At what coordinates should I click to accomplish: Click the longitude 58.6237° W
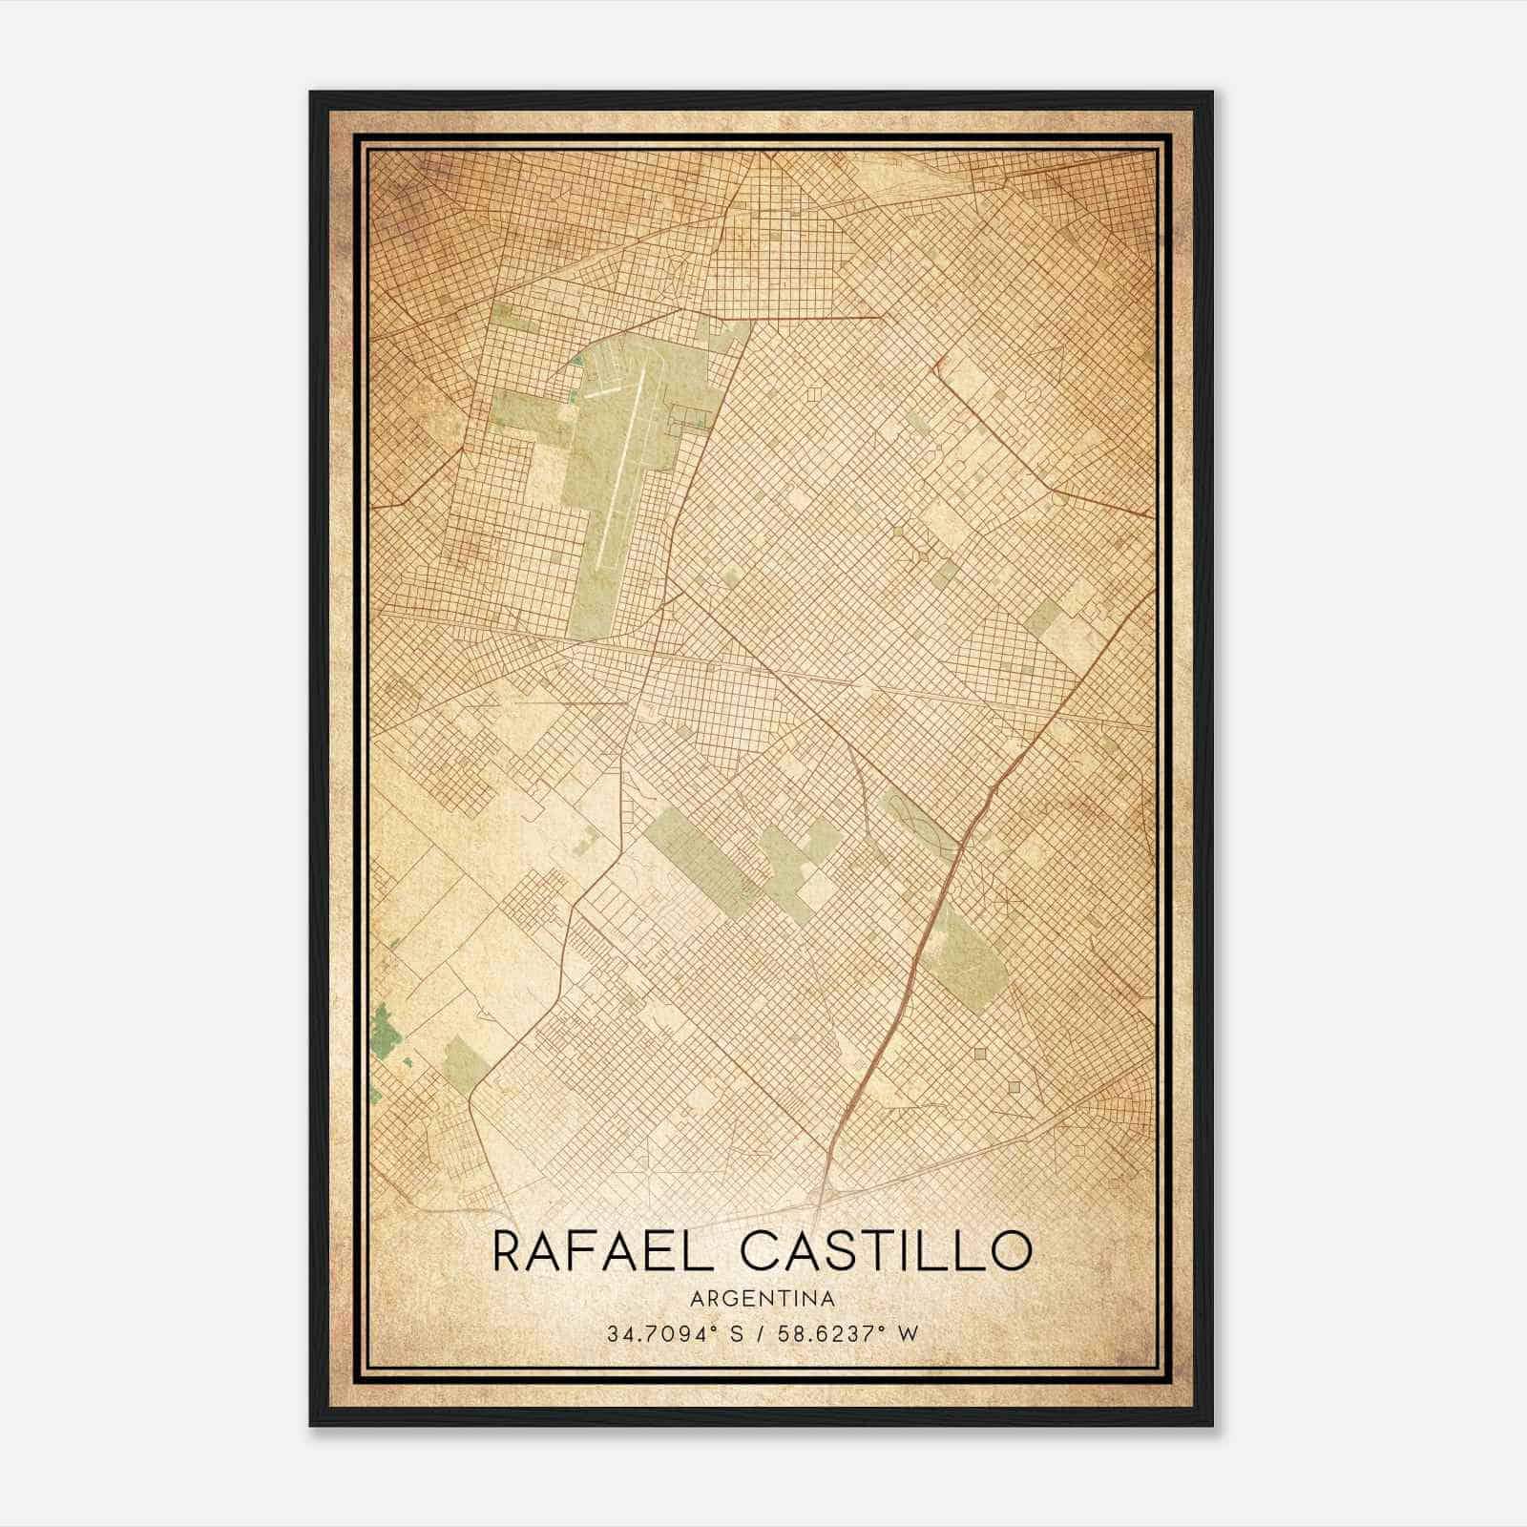[x=854, y=1334]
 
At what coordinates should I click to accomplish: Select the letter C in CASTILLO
[x=762, y=1251]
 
